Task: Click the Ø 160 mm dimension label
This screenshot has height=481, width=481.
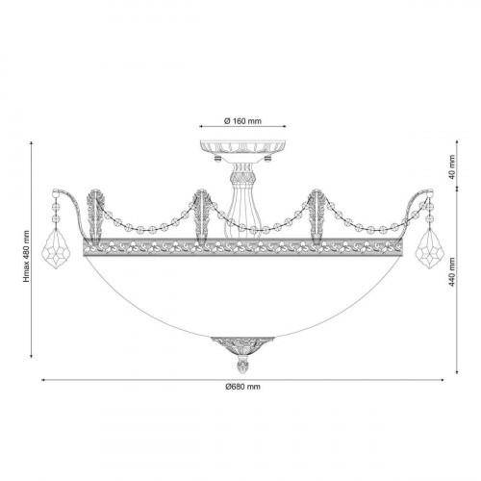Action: coord(242,121)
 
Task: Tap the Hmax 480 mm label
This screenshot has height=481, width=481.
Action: coord(26,257)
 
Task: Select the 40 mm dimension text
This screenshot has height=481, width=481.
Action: coord(452,167)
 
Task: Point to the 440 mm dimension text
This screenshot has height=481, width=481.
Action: coord(452,272)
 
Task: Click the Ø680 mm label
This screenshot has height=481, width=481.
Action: coord(242,387)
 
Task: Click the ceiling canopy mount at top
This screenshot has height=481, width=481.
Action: coord(242,151)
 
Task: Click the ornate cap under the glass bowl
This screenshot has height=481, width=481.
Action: coord(242,345)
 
